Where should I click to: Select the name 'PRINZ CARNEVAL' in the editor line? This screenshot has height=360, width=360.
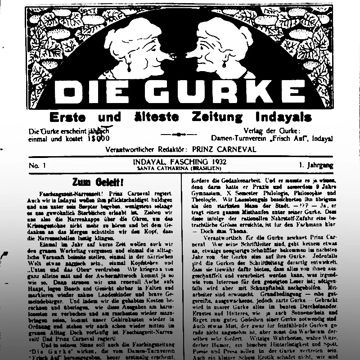coord(223,149)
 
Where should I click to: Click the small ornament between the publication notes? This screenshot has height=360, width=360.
coord(179,134)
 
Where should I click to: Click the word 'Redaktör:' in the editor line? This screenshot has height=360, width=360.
coord(171,149)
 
